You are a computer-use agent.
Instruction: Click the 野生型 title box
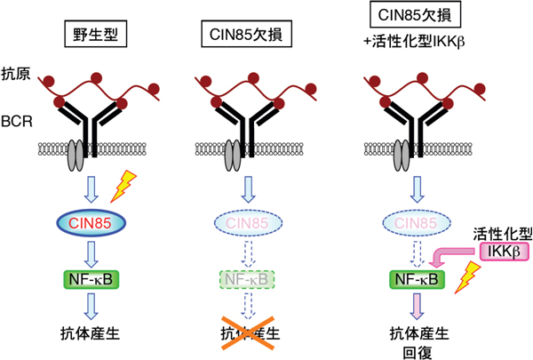click(x=92, y=36)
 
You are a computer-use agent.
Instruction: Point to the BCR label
click(x=18, y=120)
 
